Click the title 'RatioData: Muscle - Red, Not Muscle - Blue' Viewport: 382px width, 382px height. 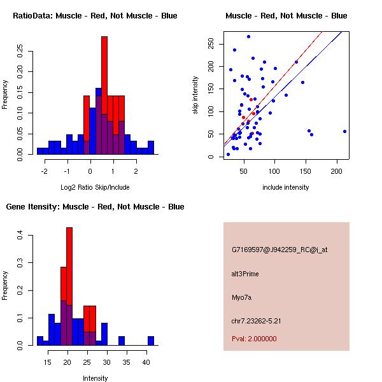(95, 16)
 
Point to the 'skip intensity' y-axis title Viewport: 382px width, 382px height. (196, 95)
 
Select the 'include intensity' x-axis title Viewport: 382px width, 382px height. (286, 187)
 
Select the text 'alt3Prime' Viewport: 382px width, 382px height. (245, 274)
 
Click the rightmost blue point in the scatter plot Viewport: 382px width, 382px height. (344, 131)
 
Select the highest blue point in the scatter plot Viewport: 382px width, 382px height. (248, 36)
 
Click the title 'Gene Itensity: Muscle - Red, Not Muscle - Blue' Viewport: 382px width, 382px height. (95, 207)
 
